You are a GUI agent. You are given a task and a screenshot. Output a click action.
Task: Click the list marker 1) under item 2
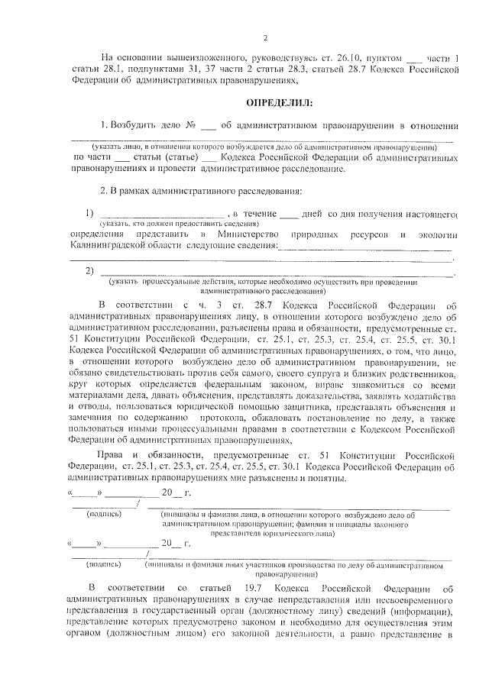[x=89, y=213]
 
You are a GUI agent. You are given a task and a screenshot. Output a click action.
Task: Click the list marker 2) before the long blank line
[x=89, y=271]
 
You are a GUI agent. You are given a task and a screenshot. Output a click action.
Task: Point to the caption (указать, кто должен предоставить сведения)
[x=157, y=224]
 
